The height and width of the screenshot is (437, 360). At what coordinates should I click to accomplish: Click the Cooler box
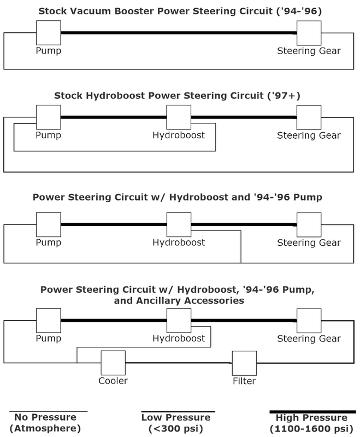point(113,363)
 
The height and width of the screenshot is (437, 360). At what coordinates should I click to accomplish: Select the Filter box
point(244,363)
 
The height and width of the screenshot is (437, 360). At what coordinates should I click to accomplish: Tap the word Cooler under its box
point(113,381)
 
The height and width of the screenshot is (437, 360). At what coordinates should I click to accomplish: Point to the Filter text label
point(244,381)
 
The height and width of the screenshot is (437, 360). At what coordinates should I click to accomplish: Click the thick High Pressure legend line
point(312,411)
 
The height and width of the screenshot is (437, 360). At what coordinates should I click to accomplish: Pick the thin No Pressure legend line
point(49,411)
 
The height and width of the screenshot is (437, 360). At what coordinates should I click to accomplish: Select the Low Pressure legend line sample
point(178,411)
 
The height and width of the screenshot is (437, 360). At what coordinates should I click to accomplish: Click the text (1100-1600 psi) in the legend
point(312,429)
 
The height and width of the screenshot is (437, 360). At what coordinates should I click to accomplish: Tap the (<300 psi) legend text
point(178,429)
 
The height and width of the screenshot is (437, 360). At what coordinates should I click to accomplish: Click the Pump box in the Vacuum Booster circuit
point(48,33)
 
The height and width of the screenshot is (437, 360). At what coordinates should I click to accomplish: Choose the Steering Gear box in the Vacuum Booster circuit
point(309,33)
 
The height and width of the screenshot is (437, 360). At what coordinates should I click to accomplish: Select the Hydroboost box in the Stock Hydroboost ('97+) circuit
point(179,117)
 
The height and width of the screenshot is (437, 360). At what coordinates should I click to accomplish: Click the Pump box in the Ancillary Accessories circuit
point(48,321)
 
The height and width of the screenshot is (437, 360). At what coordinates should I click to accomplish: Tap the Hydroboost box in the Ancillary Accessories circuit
point(179,321)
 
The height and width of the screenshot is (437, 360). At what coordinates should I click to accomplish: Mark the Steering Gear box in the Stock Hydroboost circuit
point(309,117)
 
